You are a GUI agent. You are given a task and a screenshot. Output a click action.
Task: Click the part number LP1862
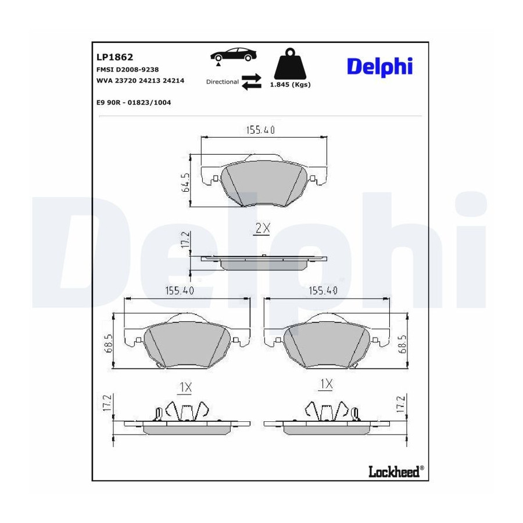coord(114,57)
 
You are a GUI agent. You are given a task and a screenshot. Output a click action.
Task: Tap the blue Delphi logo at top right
coord(380,67)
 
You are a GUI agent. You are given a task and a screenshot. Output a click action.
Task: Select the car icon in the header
coord(233,55)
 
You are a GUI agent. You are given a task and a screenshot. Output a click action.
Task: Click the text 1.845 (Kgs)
coord(290,85)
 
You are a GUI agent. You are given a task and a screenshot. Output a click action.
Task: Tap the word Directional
coord(222,82)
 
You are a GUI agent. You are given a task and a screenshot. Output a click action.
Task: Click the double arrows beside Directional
coord(252,82)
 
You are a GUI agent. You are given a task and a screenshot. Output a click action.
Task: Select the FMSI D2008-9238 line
coord(127,69)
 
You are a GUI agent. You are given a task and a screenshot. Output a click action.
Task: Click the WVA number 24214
coord(173,80)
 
